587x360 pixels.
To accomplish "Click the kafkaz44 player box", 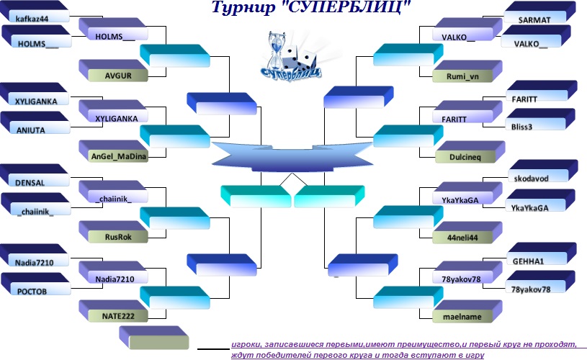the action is (x=35, y=12).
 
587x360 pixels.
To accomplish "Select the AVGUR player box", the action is (x=113, y=71).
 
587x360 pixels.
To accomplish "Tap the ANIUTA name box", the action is (x=35, y=122).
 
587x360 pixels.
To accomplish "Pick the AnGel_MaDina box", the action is (x=113, y=151).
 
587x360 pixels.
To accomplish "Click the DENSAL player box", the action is (x=35, y=176).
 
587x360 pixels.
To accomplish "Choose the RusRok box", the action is (x=113, y=232).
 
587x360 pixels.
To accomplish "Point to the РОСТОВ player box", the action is (x=35, y=284).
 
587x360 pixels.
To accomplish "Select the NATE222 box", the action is (x=113, y=311).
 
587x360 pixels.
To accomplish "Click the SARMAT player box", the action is (x=539, y=13).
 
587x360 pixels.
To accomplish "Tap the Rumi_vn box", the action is (x=467, y=71).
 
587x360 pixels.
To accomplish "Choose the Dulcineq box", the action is (x=470, y=152).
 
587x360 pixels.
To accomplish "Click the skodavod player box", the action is (x=543, y=171).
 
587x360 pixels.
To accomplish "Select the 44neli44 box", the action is (x=467, y=233).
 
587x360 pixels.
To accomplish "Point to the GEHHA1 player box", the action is (x=542, y=253).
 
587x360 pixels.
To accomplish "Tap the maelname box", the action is (x=467, y=312).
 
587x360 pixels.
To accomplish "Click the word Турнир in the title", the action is (x=243, y=7).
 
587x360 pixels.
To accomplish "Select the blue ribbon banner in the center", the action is (x=292, y=156).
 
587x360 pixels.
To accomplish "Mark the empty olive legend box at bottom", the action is (x=154, y=338).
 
